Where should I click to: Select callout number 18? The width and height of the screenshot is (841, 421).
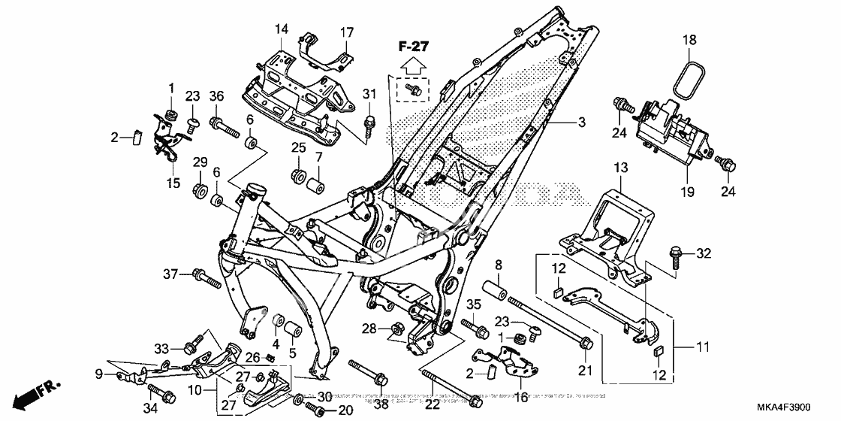690,40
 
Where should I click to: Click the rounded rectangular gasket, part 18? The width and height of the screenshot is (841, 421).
689,77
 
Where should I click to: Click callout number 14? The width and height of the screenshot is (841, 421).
281,30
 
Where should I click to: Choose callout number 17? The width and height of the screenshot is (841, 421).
346,32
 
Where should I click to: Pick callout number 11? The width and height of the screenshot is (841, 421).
702,348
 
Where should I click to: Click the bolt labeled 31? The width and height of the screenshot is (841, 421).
370,122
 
